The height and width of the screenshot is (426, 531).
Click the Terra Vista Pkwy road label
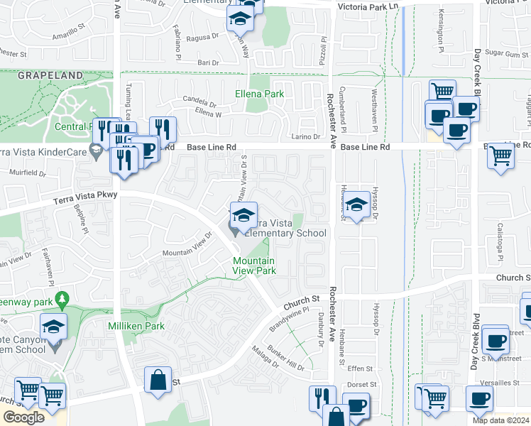pos(84,198)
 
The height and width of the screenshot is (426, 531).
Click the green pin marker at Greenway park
pos(62,298)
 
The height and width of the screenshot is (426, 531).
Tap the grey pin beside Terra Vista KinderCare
pos(94,150)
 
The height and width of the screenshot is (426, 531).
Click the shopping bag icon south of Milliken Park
pos(158,379)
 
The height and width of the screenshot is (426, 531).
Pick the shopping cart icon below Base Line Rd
pos(501,155)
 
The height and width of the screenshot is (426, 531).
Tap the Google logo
pos(23,417)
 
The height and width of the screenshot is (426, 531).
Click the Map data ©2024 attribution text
pos(500,420)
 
